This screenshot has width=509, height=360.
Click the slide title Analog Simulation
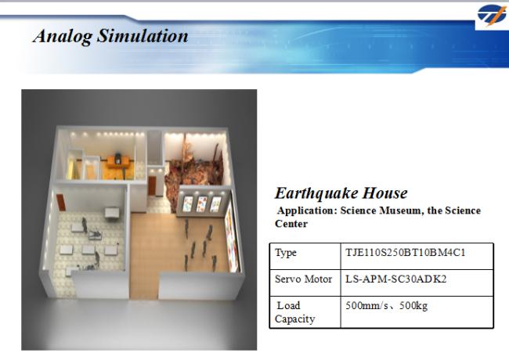click(x=110, y=36)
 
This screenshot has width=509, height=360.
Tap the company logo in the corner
click(x=492, y=15)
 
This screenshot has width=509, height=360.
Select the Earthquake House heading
click(x=341, y=193)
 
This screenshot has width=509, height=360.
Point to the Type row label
click(x=286, y=253)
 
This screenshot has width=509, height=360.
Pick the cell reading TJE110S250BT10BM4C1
click(x=405, y=252)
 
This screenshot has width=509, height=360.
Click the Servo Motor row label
click(x=303, y=279)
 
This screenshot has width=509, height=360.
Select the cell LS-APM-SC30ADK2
click(x=395, y=279)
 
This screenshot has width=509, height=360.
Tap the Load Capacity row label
click(x=294, y=312)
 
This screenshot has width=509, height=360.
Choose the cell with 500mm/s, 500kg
click(x=386, y=305)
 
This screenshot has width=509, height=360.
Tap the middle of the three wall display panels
click(x=201, y=204)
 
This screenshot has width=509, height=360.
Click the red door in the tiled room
click(x=61, y=203)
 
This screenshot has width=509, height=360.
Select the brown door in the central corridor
click(x=152, y=185)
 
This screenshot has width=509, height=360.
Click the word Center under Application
click(x=291, y=224)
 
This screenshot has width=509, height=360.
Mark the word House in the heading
click(x=384, y=193)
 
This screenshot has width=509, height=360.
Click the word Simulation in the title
click(x=143, y=35)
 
